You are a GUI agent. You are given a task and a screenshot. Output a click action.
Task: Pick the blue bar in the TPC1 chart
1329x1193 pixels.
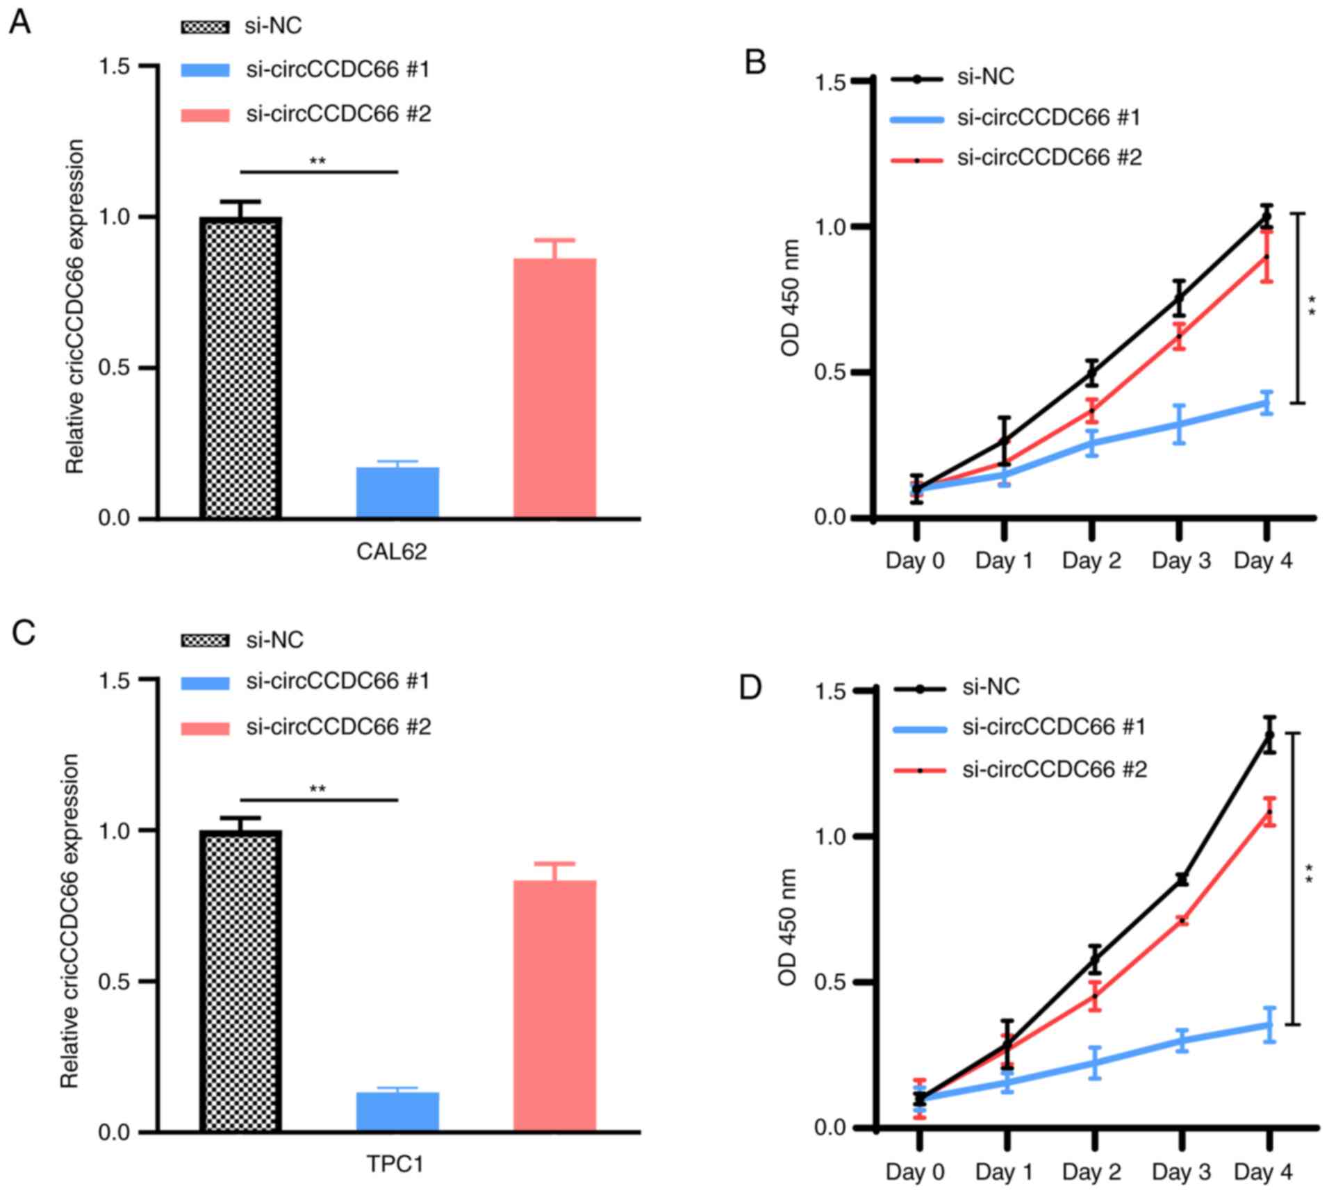pyautogui.click(x=397, y=1112)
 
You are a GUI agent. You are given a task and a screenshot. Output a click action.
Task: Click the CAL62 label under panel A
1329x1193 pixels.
pyautogui.click(x=391, y=552)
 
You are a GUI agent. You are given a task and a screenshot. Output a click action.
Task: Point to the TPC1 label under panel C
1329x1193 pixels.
pyautogui.click(x=395, y=1164)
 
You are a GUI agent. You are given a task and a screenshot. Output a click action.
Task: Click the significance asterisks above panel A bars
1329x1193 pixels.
pyautogui.click(x=317, y=162)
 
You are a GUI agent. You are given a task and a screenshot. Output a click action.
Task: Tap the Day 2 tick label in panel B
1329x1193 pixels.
pyautogui.click(x=1091, y=561)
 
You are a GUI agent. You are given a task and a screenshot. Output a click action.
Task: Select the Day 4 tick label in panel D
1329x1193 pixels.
pyautogui.click(x=1263, y=1172)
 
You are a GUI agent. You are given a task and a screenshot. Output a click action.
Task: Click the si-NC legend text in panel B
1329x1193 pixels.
pyautogui.click(x=986, y=77)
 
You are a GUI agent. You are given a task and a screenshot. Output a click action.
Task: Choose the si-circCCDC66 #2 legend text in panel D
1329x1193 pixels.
pyautogui.click(x=1055, y=769)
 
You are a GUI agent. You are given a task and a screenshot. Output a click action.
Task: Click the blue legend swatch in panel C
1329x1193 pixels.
pyautogui.click(x=205, y=683)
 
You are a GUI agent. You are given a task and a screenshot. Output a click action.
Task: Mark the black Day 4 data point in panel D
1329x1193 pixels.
pyautogui.click(x=1269, y=734)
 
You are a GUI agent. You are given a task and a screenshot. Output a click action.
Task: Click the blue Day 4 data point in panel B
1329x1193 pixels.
pyautogui.click(x=1267, y=403)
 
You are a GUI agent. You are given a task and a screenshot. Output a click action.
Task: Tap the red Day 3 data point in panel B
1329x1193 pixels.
pyautogui.click(x=1179, y=337)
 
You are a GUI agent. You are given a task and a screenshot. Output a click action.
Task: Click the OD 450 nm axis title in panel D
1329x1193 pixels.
pyautogui.click(x=787, y=927)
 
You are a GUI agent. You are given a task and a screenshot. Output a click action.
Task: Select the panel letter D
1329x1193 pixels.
pyautogui.click(x=750, y=687)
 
